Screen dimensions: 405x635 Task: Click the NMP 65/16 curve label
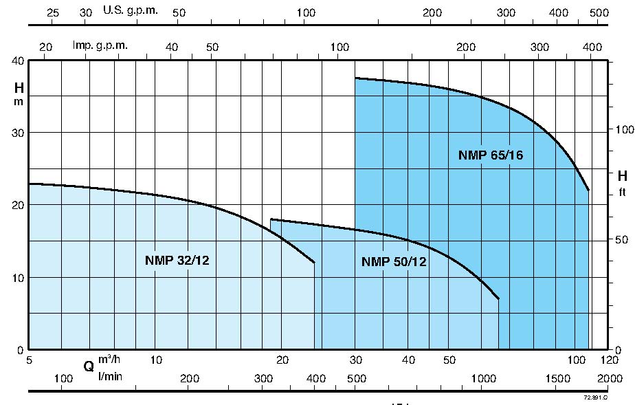[x=490, y=155]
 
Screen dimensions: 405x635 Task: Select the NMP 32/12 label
[x=177, y=260]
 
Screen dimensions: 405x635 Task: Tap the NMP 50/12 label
[x=394, y=261]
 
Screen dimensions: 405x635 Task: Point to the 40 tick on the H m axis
[x=16, y=61]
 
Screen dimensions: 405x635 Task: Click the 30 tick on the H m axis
[x=16, y=133]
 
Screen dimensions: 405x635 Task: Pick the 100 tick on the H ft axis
[x=623, y=130]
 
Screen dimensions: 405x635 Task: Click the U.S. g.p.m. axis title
[x=130, y=10]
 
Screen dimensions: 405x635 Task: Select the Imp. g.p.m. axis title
[x=100, y=45]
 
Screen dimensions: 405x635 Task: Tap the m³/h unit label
[x=109, y=360]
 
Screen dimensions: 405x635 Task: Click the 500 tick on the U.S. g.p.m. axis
[x=599, y=13]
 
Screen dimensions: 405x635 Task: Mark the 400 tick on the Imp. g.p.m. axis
[x=591, y=47]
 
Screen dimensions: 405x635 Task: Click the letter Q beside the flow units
[x=89, y=366]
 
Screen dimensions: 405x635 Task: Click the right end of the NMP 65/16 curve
[x=589, y=190]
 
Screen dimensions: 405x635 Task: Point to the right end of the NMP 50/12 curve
[x=498, y=299]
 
